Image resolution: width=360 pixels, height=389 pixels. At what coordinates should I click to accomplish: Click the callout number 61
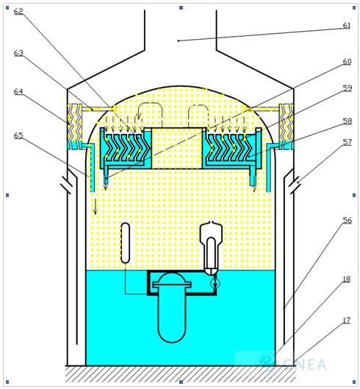(x=347, y=25)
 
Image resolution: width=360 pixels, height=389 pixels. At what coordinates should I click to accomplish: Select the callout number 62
(x=18, y=11)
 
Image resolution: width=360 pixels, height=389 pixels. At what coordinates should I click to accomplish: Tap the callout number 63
(x=18, y=53)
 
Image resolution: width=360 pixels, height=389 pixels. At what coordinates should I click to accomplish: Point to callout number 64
(x=18, y=91)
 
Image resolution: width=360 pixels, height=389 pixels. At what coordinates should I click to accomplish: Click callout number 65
(x=18, y=135)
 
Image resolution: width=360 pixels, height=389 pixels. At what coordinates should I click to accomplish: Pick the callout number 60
(x=347, y=61)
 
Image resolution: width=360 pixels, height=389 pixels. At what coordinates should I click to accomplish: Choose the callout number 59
(x=347, y=88)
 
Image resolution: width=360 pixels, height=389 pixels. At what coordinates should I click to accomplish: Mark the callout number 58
(x=347, y=121)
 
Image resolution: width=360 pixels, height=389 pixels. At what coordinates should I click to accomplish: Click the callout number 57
(x=347, y=142)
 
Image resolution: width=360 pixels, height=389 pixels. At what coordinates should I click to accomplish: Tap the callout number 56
(x=347, y=220)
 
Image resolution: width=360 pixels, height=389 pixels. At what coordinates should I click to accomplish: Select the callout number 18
(x=346, y=279)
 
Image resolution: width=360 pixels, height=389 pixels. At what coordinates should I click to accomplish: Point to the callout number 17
(x=346, y=321)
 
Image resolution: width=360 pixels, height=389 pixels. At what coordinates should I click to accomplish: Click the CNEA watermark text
(x=305, y=365)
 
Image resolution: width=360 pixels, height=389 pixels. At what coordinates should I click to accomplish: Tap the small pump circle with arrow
(x=215, y=283)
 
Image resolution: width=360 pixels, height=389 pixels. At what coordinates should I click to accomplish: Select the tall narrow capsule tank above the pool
(x=126, y=243)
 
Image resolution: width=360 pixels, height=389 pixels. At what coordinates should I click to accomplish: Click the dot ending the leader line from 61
(x=179, y=40)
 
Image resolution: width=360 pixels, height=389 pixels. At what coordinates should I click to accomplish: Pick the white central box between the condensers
(x=177, y=149)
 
